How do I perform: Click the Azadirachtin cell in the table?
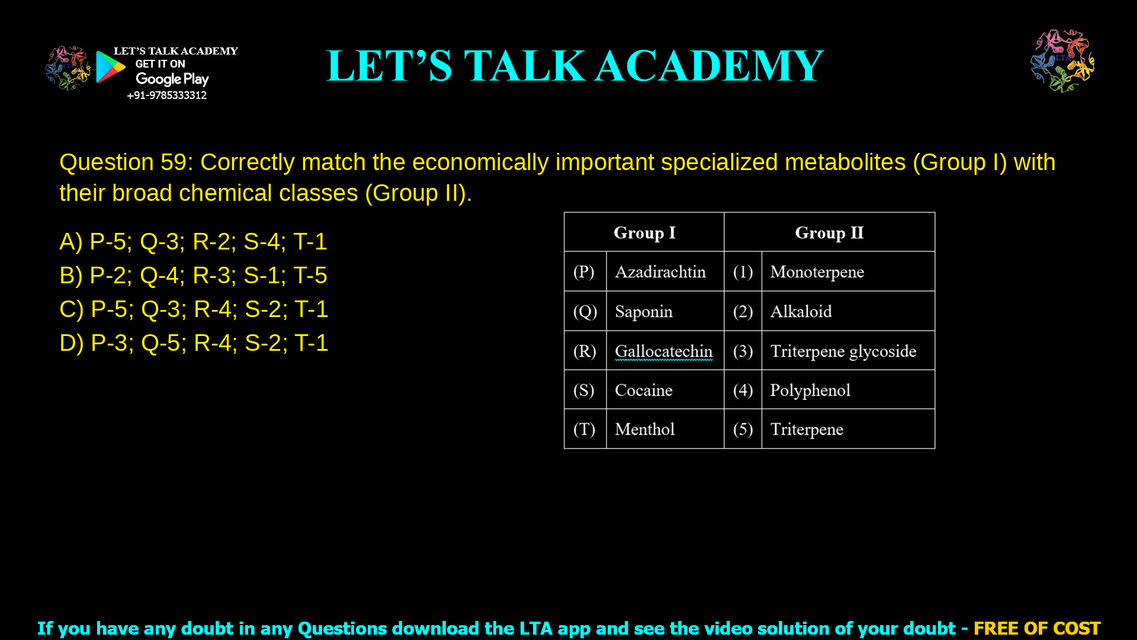[x=660, y=272]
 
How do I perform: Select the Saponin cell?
[x=644, y=312]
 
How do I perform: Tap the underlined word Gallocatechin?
[x=663, y=351]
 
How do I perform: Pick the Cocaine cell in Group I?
[x=644, y=391]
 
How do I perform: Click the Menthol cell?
[x=644, y=430]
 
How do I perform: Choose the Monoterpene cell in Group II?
[x=817, y=272]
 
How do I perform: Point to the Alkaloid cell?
[x=801, y=312]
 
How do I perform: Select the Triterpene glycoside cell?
[x=843, y=351]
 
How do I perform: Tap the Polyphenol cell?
[x=810, y=391]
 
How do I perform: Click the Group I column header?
[x=644, y=233]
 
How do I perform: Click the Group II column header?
[x=829, y=233]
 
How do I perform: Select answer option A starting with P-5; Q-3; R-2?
[x=193, y=242]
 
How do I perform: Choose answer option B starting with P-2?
[x=193, y=276]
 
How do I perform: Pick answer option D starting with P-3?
[x=194, y=343]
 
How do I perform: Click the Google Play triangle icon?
[x=110, y=67]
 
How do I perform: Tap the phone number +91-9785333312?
[x=166, y=95]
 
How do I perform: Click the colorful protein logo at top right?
[x=1062, y=61]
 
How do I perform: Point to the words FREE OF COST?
[x=1036, y=628]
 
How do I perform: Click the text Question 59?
[x=126, y=162]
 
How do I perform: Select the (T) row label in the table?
[x=584, y=430]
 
